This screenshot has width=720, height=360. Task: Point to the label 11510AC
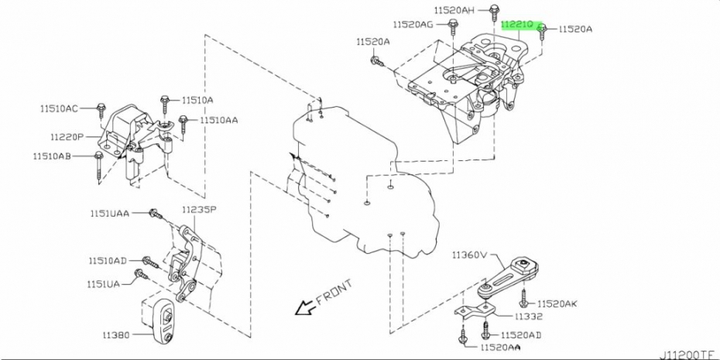(58, 109)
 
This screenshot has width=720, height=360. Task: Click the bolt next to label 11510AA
(183, 124)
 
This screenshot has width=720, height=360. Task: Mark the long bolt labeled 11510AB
(98, 167)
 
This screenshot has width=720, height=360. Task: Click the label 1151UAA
(109, 213)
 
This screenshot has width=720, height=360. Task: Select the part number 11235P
(199, 210)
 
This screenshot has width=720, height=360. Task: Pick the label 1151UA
(103, 284)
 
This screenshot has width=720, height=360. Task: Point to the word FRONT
(334, 292)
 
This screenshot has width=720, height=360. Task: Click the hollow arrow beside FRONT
(303, 307)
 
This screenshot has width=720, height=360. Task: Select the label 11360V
(468, 255)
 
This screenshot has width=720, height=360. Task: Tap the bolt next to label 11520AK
(523, 297)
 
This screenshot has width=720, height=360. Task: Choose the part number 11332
(529, 317)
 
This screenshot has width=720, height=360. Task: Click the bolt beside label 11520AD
(486, 330)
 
